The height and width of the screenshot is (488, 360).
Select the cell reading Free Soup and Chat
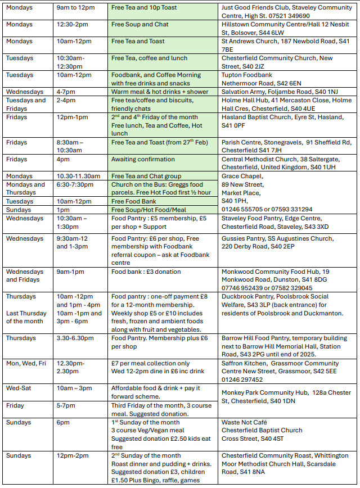coord(140,25)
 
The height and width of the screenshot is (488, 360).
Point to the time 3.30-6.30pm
coord(75,338)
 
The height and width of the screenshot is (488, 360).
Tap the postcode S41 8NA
coord(254,472)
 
